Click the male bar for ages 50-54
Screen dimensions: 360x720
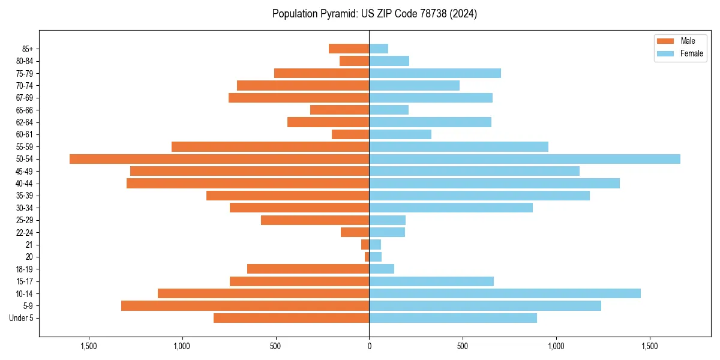(219, 159)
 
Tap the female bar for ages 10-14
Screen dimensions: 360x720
(505, 293)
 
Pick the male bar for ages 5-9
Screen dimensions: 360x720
(245, 306)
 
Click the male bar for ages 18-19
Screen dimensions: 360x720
(308, 269)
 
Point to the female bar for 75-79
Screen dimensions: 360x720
(435, 73)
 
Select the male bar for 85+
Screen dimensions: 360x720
(349, 49)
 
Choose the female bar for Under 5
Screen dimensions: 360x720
(453, 318)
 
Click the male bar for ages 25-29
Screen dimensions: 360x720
(315, 220)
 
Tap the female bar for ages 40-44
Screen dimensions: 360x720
(494, 184)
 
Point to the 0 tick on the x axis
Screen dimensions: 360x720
(369, 346)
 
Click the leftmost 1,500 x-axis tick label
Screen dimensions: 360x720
(88, 346)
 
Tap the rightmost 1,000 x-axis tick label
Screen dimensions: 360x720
(556, 346)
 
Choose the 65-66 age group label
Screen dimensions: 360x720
(25, 110)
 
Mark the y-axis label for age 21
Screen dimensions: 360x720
(29, 245)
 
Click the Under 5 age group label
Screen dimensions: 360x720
(22, 318)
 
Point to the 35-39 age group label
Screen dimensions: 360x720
(25, 196)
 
